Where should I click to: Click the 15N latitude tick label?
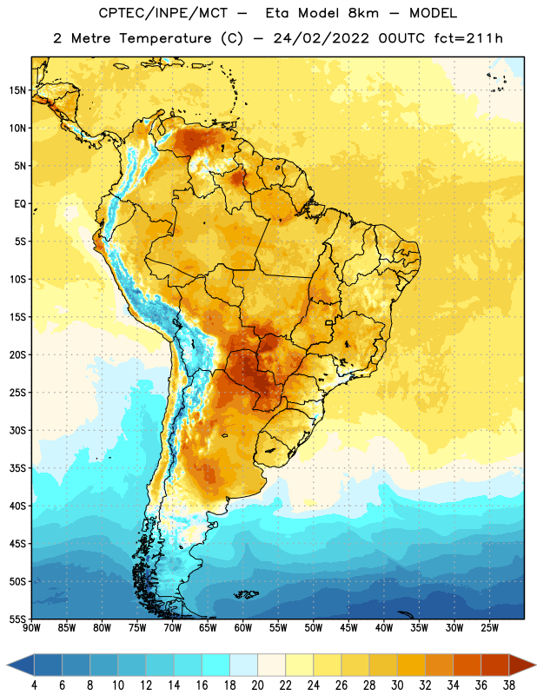pyautogui.click(x=17, y=90)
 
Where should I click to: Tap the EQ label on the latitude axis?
pyautogui.click(x=20, y=204)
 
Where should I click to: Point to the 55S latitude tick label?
pyautogui.click(x=17, y=619)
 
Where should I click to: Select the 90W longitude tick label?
pyautogui.click(x=31, y=628)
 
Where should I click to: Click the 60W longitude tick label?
pyautogui.click(x=243, y=628)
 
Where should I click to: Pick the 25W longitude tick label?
pyautogui.click(x=489, y=628)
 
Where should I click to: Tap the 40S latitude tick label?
pyautogui.click(x=17, y=506)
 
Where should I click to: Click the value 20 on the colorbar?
pyautogui.click(x=257, y=685)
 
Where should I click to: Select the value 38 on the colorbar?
pyautogui.click(x=509, y=685)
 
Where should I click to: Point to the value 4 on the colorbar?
pyautogui.click(x=34, y=685)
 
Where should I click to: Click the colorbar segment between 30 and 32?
pyautogui.click(x=411, y=665)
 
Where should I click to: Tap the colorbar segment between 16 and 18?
pyautogui.click(x=215, y=665)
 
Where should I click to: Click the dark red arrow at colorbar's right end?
pyautogui.click(x=522, y=665)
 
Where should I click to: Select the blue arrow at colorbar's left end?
pyautogui.click(x=20, y=665)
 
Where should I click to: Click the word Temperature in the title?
pyautogui.click(x=165, y=38)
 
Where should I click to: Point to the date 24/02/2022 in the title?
pyautogui.click(x=321, y=38)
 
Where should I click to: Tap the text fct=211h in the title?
pyautogui.click(x=468, y=38)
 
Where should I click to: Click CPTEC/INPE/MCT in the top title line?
pyautogui.click(x=163, y=13)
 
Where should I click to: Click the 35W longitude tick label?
pyautogui.click(x=419, y=628)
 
